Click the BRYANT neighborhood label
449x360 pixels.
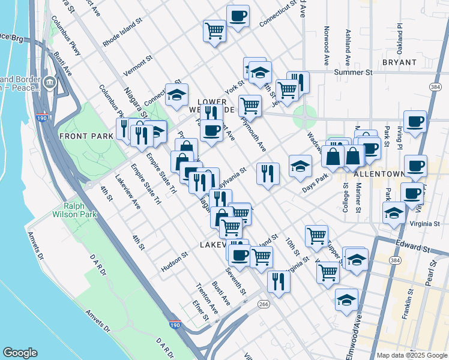pyautogui.click(x=399, y=62)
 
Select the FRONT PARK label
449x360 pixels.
pyautogui.click(x=83, y=136)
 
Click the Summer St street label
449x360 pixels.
pyautogui.click(x=354, y=72)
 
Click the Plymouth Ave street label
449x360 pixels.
pyautogui.click(x=253, y=132)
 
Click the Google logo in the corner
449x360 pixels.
pyautogui.click(x=20, y=353)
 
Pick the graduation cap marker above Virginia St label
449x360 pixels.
pyautogui.click(x=394, y=212)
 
